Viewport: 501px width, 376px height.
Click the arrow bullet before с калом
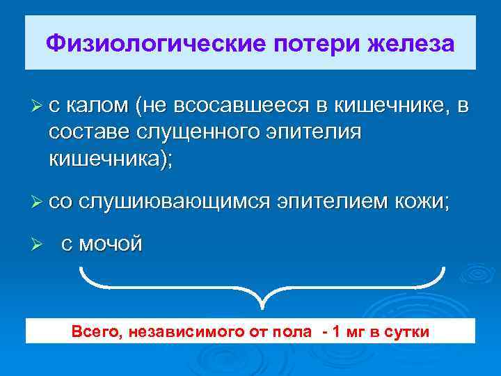coord(38,106)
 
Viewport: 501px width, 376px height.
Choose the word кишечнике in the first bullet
coord(390,106)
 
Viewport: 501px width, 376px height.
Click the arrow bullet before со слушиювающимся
coord(38,202)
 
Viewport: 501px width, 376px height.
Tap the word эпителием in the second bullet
coord(329,202)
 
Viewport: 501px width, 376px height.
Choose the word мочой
coord(111,244)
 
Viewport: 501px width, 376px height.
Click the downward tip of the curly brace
coord(262,307)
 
